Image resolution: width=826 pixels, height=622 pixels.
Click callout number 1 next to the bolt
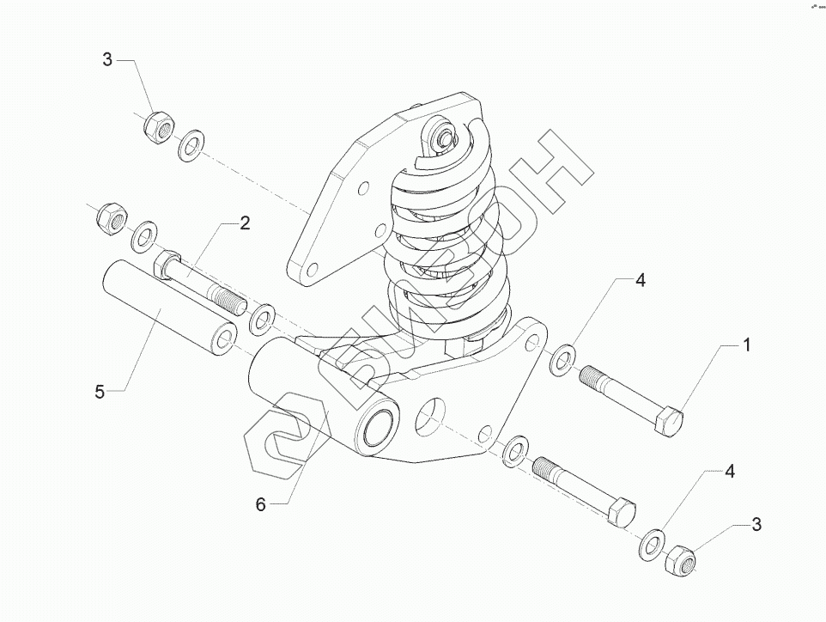pos(746,345)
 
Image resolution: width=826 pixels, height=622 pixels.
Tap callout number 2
pos(245,224)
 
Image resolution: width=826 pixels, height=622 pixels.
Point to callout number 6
pos(261,505)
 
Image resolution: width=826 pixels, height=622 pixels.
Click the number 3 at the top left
pos(107,59)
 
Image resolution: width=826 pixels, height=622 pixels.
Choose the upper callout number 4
pos(639,280)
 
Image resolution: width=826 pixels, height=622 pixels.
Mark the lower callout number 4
pos(729,471)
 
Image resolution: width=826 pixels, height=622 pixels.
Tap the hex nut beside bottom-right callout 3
pos(683,560)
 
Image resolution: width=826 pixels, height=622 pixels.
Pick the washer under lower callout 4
pos(653,541)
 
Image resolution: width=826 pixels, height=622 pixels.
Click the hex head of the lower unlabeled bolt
pos(620,513)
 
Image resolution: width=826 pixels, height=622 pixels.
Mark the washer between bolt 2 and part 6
pos(261,318)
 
